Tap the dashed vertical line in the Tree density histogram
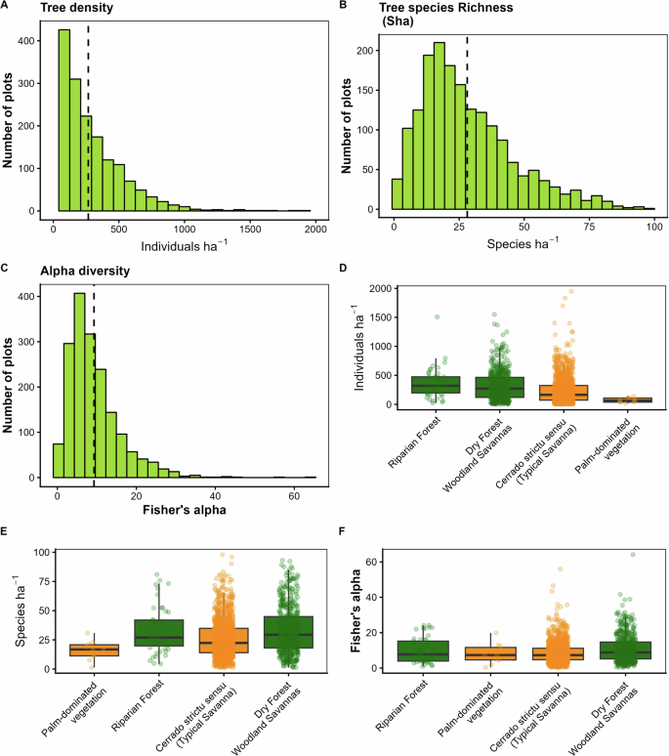tap(89, 117)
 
